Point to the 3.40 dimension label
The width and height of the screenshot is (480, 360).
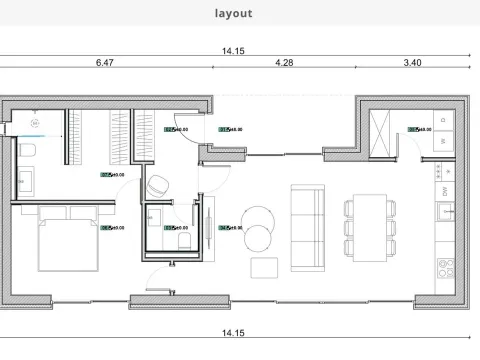pyautogui.click(x=411, y=62)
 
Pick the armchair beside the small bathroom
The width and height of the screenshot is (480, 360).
pyautogui.click(x=158, y=186)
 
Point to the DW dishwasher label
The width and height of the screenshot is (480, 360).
pyautogui.click(x=442, y=189)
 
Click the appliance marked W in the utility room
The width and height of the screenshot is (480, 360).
pyautogui.click(x=442, y=141)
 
